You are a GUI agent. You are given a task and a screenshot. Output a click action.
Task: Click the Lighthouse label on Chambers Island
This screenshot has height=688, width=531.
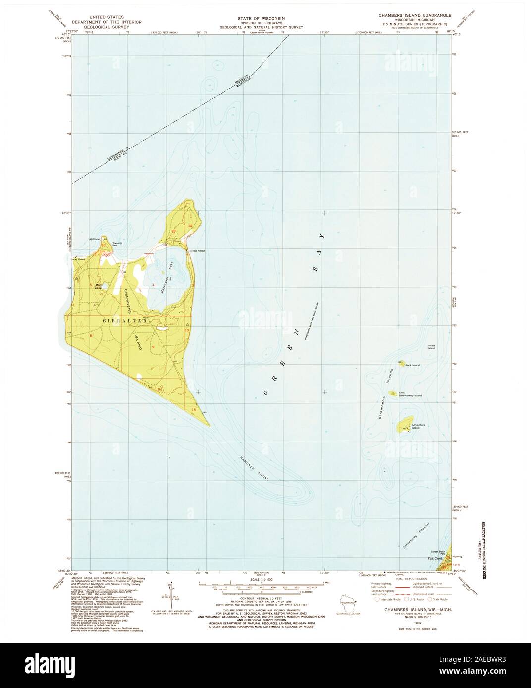tap(94, 239)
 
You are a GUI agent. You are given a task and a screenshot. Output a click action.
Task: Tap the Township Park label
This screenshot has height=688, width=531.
tap(117, 244)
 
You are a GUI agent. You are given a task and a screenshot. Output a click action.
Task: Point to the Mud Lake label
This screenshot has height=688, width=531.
tap(98, 286)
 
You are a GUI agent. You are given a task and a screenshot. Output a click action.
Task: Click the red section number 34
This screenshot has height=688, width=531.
tap(189, 226)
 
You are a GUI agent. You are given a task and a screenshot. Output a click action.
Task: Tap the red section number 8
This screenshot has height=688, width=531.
tap(91, 336)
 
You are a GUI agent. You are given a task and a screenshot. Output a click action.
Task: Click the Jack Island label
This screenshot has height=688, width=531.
tap(412, 365)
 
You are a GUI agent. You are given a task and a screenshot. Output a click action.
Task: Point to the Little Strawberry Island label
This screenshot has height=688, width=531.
tap(411, 395)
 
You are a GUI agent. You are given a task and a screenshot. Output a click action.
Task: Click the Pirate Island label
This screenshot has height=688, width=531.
tap(432, 347)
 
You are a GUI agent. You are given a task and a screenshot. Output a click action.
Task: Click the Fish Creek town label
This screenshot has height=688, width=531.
tap(434, 559)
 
